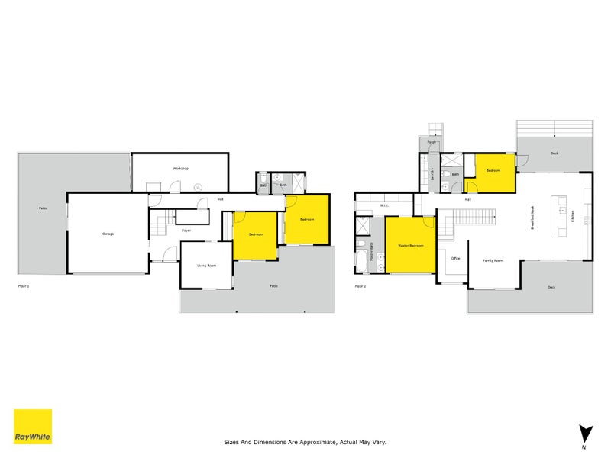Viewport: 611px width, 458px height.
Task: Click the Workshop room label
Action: (x=180, y=168)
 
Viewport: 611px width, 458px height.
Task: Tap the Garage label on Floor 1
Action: (x=108, y=234)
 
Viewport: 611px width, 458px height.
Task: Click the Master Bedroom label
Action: (x=410, y=246)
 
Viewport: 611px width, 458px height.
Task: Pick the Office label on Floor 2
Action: (x=455, y=258)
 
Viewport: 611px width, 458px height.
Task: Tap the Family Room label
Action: (x=493, y=260)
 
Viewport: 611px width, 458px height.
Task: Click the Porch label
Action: (x=432, y=142)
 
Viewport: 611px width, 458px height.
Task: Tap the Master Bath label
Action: (x=371, y=252)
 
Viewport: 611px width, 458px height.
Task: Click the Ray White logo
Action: (x=33, y=427)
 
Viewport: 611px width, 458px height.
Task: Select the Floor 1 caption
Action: (x=23, y=285)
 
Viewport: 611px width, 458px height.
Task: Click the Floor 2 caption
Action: (x=360, y=286)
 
